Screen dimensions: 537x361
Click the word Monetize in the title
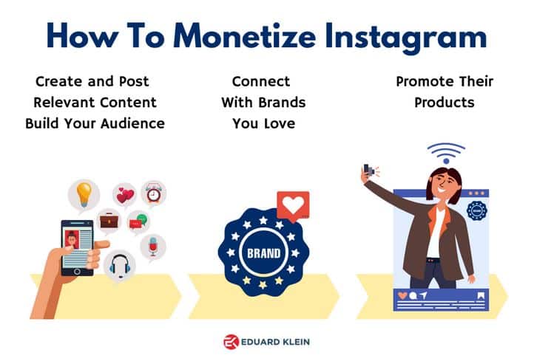(x=245, y=36)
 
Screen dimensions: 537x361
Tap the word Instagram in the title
(x=406, y=37)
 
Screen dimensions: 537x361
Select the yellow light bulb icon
(x=84, y=194)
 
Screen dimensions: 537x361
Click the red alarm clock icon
(x=153, y=193)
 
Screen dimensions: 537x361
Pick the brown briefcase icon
(x=109, y=221)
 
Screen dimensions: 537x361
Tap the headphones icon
(x=120, y=266)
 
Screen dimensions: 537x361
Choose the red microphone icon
(x=153, y=246)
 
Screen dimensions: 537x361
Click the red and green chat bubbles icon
(x=138, y=222)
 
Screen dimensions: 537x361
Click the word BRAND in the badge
(x=264, y=253)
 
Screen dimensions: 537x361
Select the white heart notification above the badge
(x=293, y=206)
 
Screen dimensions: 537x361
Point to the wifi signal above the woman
(x=446, y=153)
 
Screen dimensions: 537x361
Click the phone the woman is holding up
(x=368, y=169)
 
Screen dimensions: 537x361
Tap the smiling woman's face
(x=445, y=185)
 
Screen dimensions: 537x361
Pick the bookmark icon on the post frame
(x=481, y=295)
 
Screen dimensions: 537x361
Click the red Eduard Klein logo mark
(x=231, y=342)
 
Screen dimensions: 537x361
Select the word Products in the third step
(x=445, y=103)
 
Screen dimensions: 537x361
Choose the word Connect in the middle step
(x=261, y=81)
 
